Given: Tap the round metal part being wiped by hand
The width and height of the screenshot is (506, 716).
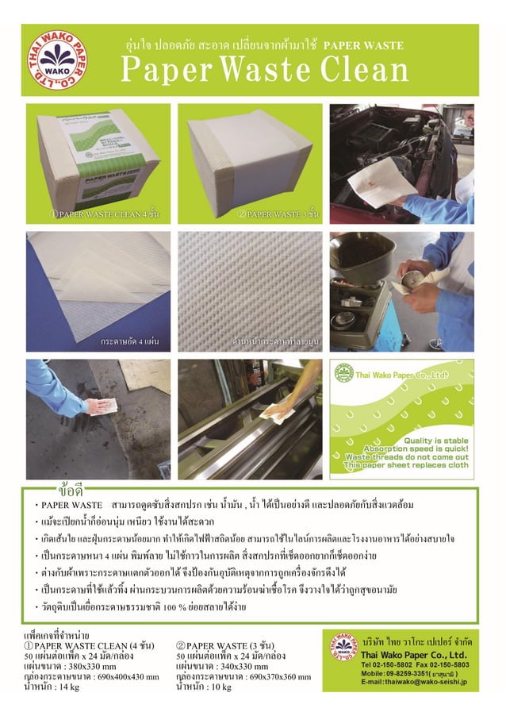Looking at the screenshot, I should click(418, 284).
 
